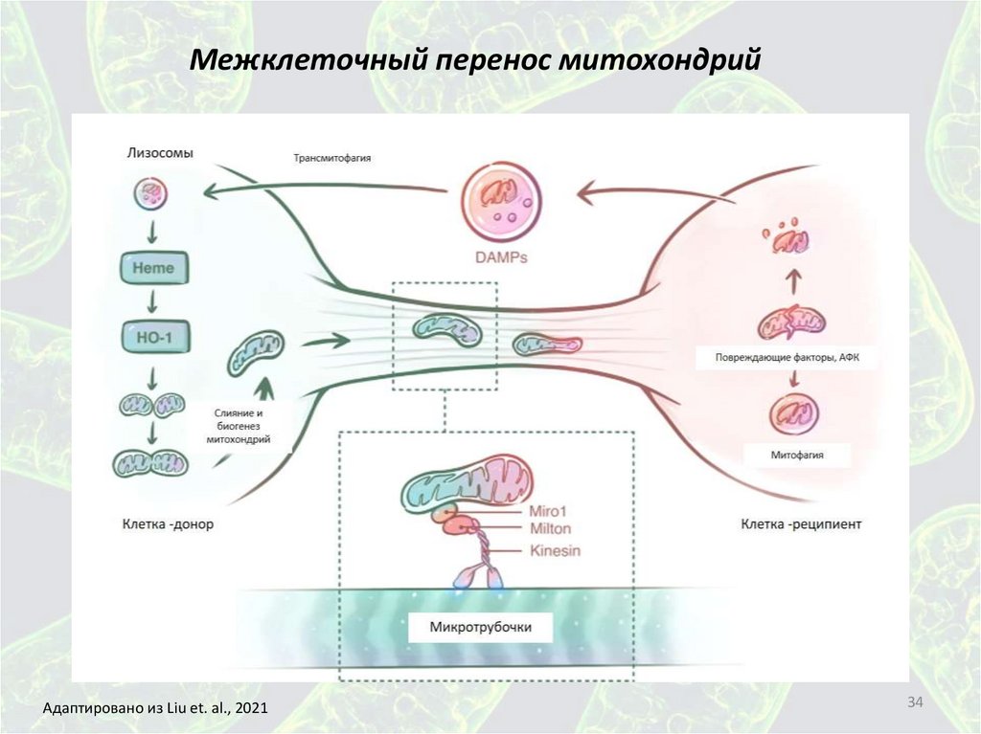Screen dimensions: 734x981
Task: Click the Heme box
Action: [x=152, y=268]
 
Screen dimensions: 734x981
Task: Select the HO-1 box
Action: [x=152, y=336]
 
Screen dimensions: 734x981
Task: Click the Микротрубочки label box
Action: [x=480, y=629]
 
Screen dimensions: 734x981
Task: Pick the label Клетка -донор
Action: [x=168, y=524]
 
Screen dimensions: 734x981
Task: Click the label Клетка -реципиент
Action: [x=801, y=524]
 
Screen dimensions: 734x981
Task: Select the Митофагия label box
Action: [x=797, y=456]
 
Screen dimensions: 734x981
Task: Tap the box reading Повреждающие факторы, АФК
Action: [x=795, y=358]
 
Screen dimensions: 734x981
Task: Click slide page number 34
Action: [x=915, y=704]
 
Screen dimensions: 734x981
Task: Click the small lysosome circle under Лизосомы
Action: [x=150, y=195]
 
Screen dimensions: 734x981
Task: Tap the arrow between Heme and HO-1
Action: [x=151, y=301]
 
